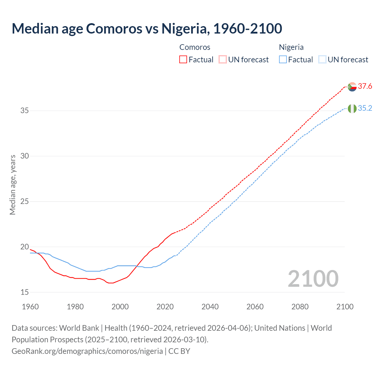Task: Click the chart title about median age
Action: pyautogui.click(x=147, y=28)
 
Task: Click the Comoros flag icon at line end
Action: pyautogui.click(x=352, y=87)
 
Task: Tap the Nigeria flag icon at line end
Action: pyautogui.click(x=352, y=109)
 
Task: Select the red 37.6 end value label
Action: pyautogui.click(x=365, y=86)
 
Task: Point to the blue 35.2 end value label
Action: pyautogui.click(x=365, y=108)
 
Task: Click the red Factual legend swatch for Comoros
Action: pyautogui.click(x=183, y=60)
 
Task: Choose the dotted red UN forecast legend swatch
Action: pyautogui.click(x=223, y=60)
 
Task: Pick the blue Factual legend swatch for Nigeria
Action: pyautogui.click(x=283, y=60)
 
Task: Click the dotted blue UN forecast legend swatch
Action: pyautogui.click(x=322, y=60)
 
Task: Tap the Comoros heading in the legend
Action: pyautogui.click(x=195, y=47)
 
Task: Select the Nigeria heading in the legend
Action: pyautogui.click(x=291, y=47)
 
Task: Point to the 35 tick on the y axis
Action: pyautogui.click(x=25, y=111)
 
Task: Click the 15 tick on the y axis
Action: pyautogui.click(x=25, y=292)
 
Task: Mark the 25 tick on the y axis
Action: pyautogui.click(x=25, y=202)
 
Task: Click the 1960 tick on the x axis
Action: pyautogui.click(x=30, y=307)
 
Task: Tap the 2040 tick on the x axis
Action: pyautogui.click(x=210, y=307)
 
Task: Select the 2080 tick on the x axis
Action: pyautogui.click(x=300, y=307)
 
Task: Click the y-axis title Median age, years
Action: pyautogui.click(x=12, y=185)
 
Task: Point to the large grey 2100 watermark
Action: pyautogui.click(x=313, y=279)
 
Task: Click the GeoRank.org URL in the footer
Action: pyautogui.click(x=87, y=351)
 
